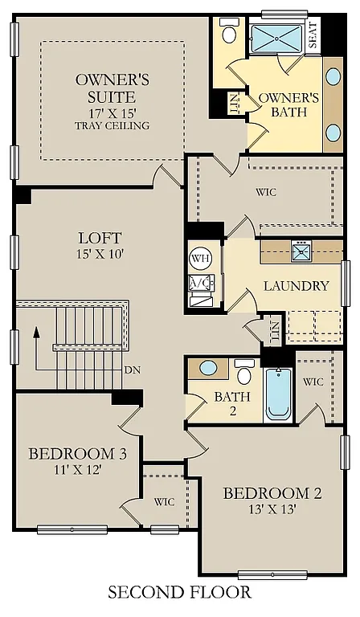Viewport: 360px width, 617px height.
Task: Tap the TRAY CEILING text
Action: point(112,125)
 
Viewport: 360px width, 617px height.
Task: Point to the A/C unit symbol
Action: point(198,284)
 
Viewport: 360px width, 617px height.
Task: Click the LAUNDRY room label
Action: point(296,286)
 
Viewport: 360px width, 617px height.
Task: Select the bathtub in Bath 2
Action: point(278,394)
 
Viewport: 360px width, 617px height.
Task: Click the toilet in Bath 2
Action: point(245,373)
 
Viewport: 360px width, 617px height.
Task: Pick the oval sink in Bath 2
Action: point(208,369)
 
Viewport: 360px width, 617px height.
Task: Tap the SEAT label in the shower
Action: point(313,36)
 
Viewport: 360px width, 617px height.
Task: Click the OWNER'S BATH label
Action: point(288,105)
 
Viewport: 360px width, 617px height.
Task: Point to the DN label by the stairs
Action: point(133,370)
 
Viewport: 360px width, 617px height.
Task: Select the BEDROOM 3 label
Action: point(77,455)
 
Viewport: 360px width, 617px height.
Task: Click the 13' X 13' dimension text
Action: point(272,510)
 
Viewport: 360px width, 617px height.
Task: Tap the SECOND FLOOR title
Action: point(179,592)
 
